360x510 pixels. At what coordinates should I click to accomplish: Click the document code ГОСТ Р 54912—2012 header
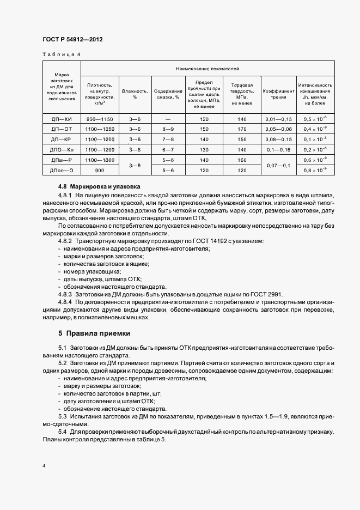pos(72,40)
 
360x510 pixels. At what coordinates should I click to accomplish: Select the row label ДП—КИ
pos(62,119)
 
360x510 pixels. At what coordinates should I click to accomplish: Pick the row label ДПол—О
pos(62,170)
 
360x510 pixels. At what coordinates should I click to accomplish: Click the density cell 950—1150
pos(99,119)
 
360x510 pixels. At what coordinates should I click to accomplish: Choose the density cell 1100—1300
pos(99,160)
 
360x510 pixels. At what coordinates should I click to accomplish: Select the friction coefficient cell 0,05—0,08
pos(278,129)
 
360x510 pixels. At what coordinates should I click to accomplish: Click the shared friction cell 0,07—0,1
pos(278,165)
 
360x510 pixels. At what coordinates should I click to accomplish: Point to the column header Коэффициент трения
pos(278,94)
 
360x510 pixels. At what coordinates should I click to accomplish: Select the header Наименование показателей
pos(208,69)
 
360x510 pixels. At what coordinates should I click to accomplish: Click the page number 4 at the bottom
pos(44,466)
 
